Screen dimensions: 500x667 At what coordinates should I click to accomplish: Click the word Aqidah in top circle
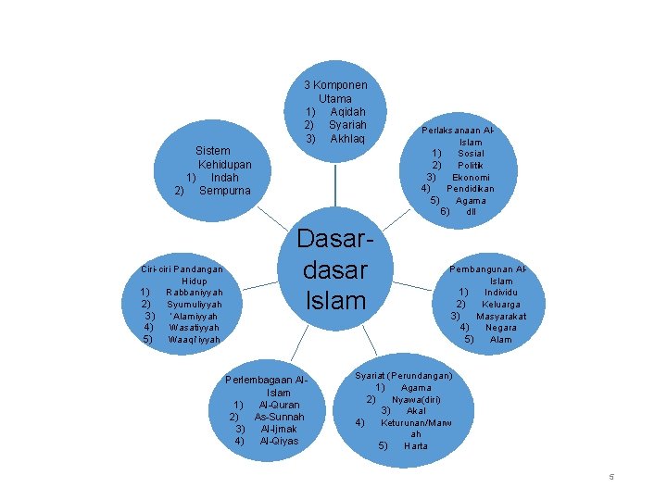click(348, 112)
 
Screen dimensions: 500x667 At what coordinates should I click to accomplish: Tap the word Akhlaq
click(347, 139)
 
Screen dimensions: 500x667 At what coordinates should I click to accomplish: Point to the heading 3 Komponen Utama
click(335, 92)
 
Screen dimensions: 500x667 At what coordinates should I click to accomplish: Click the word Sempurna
click(225, 191)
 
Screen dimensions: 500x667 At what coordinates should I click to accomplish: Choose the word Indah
click(225, 177)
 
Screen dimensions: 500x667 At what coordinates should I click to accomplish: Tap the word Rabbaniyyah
click(195, 293)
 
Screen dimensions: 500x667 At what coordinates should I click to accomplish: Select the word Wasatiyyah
click(195, 328)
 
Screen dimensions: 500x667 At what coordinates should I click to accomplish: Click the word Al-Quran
click(279, 405)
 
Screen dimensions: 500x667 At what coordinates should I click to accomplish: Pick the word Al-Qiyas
click(279, 441)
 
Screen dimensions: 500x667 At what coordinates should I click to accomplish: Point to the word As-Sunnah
click(279, 417)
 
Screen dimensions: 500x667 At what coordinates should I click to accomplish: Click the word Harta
click(416, 446)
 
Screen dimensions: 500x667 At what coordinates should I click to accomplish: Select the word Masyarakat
click(501, 316)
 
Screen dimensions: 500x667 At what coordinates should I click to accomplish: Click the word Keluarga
click(501, 304)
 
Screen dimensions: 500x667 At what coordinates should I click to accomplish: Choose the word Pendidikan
click(471, 189)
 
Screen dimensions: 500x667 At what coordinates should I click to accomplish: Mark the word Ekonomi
click(471, 177)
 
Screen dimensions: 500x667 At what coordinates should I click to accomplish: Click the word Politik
click(471, 165)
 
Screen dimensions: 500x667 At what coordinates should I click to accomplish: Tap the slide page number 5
click(611, 477)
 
